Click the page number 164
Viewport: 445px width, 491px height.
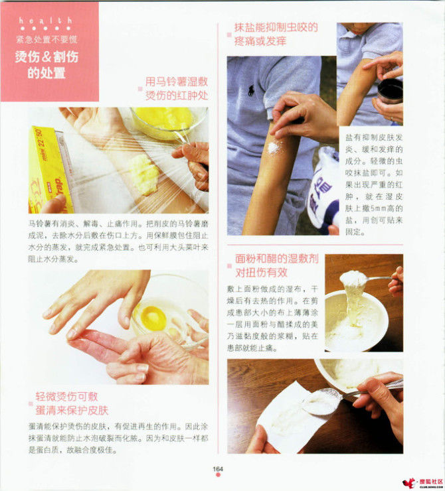pos(217,469)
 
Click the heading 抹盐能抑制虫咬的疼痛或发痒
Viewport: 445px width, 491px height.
pos(275,35)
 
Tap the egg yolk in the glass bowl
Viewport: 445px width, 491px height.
pos(153,317)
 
